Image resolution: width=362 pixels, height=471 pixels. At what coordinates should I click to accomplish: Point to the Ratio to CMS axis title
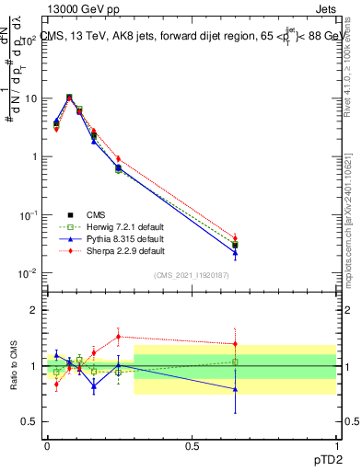(x=13, y=366)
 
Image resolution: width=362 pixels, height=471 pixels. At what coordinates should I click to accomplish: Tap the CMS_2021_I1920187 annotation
(x=192, y=275)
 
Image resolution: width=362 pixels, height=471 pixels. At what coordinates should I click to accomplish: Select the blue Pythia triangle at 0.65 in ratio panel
(x=235, y=389)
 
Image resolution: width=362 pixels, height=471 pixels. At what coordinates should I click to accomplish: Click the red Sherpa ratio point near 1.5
(x=118, y=336)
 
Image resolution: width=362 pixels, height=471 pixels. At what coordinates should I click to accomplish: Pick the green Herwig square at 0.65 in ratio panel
(x=235, y=362)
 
